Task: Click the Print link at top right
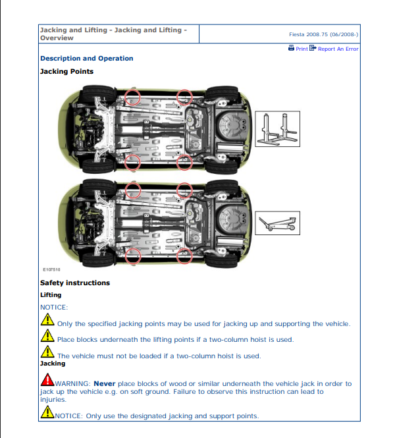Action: click(302, 49)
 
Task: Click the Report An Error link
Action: click(338, 49)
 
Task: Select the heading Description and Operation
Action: click(86, 59)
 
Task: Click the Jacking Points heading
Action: click(66, 71)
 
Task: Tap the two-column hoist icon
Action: click(277, 128)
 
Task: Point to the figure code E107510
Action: click(51, 270)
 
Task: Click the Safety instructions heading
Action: click(75, 283)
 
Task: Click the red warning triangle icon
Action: click(47, 380)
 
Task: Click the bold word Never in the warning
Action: click(104, 383)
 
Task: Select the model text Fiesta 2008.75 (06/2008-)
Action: click(323, 34)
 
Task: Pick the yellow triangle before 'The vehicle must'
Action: click(47, 353)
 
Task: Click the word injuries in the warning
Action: click(53, 399)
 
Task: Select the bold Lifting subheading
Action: click(51, 295)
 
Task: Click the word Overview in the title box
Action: click(57, 38)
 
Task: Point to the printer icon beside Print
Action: click(291, 48)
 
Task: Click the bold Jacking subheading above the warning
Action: click(53, 364)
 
